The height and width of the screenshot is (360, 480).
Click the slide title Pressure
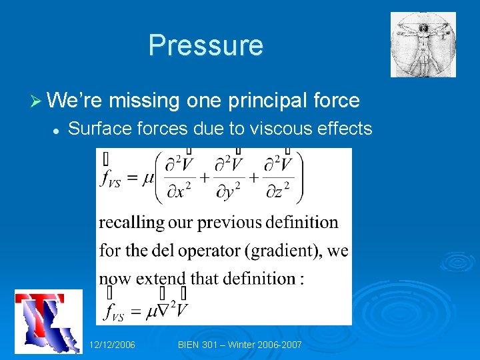pos(205,45)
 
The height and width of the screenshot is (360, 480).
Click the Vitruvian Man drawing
pos(423,45)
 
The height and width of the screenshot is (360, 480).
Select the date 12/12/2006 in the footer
pos(112,345)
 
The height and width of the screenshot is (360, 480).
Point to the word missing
pos(145,101)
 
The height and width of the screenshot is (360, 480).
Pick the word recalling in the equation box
pos(130,222)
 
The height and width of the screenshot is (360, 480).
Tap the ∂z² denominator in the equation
pos(278,193)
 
